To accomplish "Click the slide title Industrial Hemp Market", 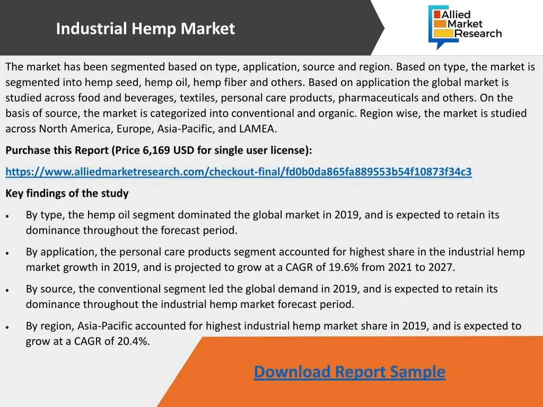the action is point(145,29).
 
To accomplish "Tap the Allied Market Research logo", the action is point(465,27).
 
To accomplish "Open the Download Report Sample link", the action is point(349,372).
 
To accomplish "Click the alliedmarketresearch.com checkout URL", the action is point(239,172).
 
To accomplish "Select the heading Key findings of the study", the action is point(67,193).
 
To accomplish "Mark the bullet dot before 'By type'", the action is point(7,216).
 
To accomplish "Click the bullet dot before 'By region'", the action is point(7,327).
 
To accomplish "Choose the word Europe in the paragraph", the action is point(135,129).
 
